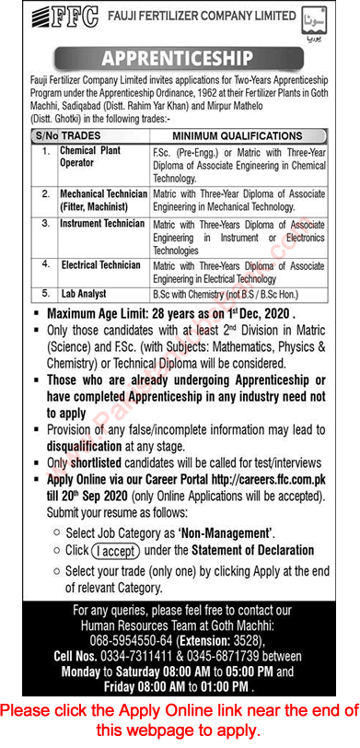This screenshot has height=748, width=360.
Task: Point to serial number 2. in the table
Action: pos(45,194)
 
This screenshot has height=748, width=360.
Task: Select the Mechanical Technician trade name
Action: pos(104,194)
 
